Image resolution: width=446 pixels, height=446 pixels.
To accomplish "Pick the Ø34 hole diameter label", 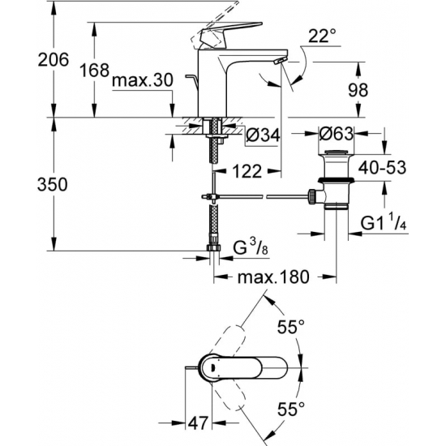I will [x=263, y=135].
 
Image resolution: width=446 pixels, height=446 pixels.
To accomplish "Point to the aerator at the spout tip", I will [x=279, y=62].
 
